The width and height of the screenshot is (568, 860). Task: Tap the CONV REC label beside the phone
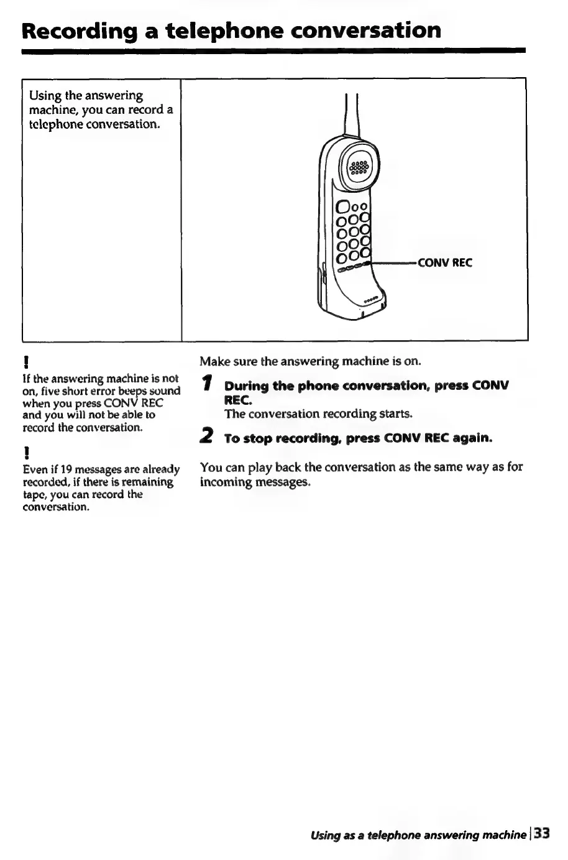(445, 262)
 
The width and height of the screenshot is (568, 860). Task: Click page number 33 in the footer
(542, 833)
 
